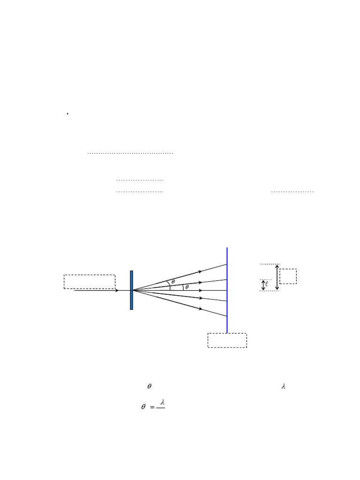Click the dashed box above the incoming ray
(x=89, y=282)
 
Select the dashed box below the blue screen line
(x=227, y=340)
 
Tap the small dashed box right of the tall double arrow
(x=288, y=276)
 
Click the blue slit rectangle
(x=132, y=290)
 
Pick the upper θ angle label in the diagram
(x=173, y=282)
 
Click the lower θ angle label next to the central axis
(x=187, y=287)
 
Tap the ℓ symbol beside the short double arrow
(x=267, y=284)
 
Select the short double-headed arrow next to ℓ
(x=263, y=285)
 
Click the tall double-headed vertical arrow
(x=277, y=277)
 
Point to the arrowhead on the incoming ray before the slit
(x=116, y=291)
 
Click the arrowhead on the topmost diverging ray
(x=200, y=271)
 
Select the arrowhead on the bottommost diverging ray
(x=200, y=309)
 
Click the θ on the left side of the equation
(x=143, y=407)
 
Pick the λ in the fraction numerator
(x=162, y=402)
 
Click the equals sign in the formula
(x=153, y=407)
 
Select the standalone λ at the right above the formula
(x=283, y=387)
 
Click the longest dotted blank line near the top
(x=130, y=153)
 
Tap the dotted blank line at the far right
(x=292, y=192)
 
